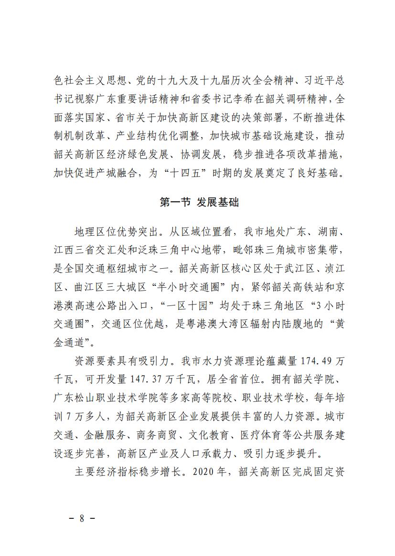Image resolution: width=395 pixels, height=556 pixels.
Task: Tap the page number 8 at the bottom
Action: click(x=82, y=518)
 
